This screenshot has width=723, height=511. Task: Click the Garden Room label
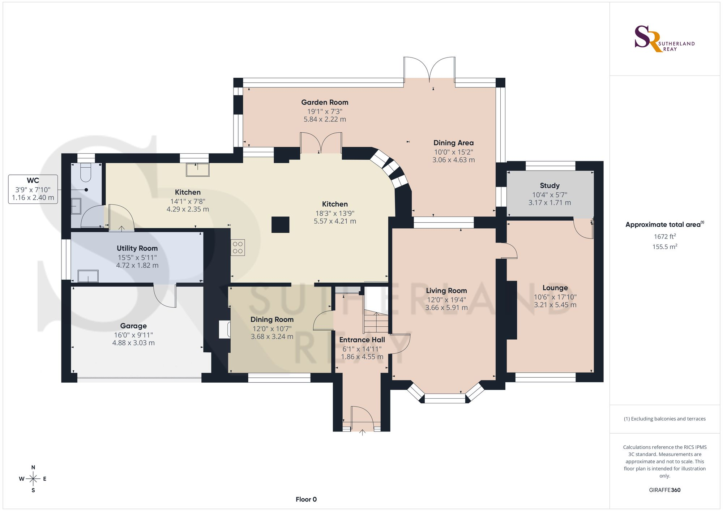click(325, 102)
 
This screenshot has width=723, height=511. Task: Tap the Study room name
click(549, 185)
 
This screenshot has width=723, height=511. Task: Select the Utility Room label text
click(137, 248)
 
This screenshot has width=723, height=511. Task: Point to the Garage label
click(133, 326)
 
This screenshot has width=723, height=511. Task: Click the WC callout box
click(33, 189)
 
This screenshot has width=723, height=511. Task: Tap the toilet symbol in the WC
click(85, 172)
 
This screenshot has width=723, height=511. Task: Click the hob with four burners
click(238, 248)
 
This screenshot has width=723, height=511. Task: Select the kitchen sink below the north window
click(197, 169)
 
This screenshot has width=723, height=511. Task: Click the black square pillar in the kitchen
click(281, 224)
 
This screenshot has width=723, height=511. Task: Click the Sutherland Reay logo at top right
click(664, 39)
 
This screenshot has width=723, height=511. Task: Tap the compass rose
click(33, 479)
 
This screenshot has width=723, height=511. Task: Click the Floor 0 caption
click(306, 499)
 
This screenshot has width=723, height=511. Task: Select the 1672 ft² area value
click(665, 236)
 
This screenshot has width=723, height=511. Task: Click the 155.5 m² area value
click(665, 246)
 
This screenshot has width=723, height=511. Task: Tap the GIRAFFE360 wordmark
click(665, 490)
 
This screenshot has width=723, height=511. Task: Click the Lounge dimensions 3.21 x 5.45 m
click(555, 305)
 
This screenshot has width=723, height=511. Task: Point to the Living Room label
click(446, 291)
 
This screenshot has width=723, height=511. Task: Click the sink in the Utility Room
click(88, 276)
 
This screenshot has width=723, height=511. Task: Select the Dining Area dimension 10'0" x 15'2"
click(453, 152)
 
